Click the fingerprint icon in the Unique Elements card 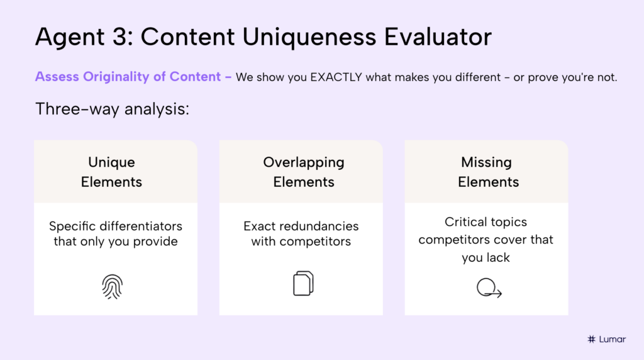coord(113,286)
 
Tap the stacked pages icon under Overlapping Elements coord(303,283)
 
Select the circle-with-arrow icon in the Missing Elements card coord(488,288)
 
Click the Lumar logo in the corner coord(606,339)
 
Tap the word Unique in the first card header coord(111,162)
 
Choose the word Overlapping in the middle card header coord(304,162)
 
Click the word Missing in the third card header coord(486,162)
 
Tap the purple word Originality coord(113,77)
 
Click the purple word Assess coord(56,77)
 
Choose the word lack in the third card coord(498,258)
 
